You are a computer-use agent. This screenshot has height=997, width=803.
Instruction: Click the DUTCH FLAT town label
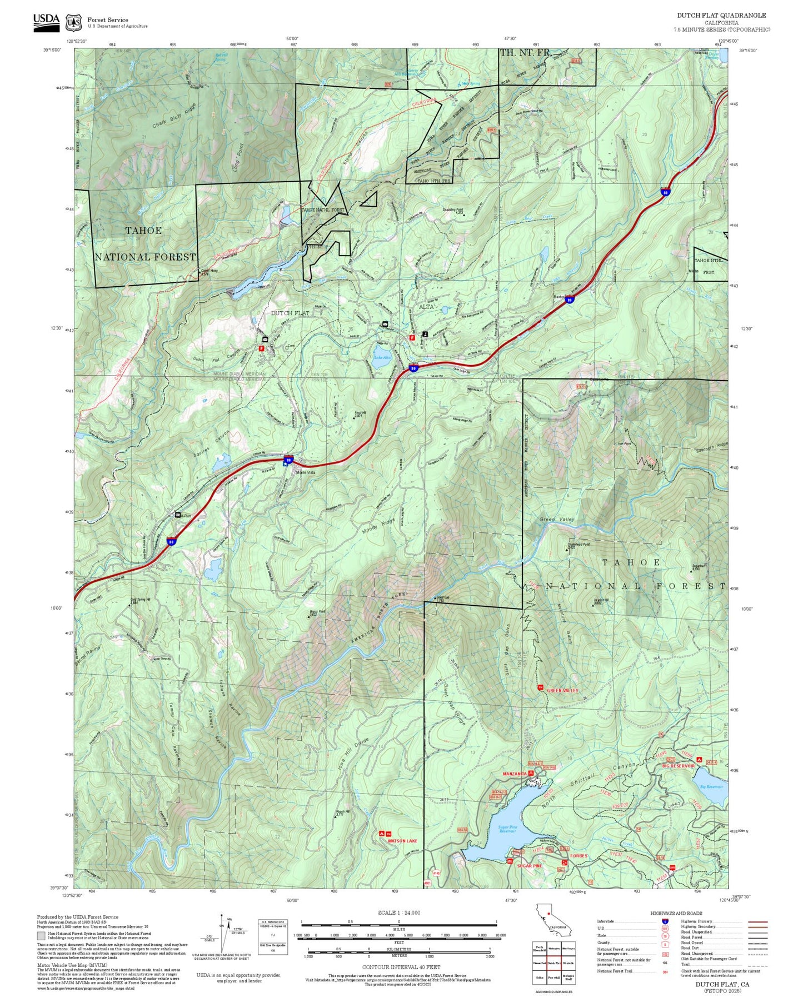click(290, 313)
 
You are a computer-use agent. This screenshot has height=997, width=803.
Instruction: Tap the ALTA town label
click(426, 307)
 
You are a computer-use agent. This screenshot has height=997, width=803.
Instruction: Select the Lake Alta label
click(382, 357)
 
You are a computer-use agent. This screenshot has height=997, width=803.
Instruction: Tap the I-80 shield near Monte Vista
click(288, 459)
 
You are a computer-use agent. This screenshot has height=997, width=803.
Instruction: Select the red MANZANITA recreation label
click(514, 774)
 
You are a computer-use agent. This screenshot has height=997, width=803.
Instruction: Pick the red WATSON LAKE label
click(402, 841)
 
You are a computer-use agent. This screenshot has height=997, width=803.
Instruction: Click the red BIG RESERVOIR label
click(678, 766)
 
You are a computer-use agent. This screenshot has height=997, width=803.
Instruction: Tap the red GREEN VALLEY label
click(562, 691)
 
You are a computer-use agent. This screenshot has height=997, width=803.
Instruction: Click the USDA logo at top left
click(46, 20)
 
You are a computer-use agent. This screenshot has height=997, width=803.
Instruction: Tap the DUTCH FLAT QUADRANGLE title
click(721, 16)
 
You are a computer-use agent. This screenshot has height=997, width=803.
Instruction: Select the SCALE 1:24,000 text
click(398, 913)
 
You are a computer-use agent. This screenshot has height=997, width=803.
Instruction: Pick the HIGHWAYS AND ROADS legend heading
click(676, 913)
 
